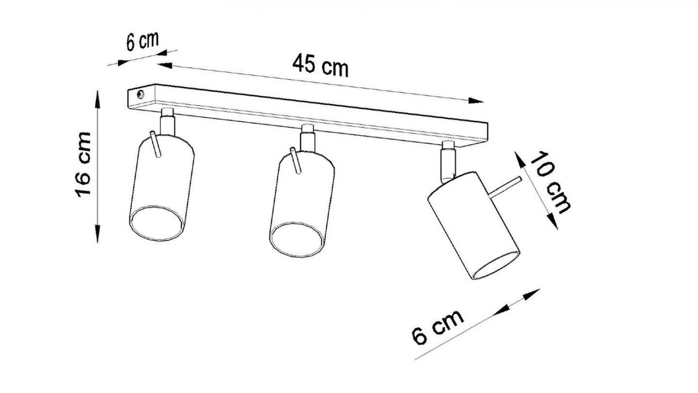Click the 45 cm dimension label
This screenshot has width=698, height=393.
(x=320, y=65)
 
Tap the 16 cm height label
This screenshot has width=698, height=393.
(x=83, y=165)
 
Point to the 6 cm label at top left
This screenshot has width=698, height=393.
(x=143, y=41)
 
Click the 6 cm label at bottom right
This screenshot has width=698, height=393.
(x=438, y=327)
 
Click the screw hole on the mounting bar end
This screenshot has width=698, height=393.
(x=140, y=94)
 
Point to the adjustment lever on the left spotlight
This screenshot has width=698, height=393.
(x=156, y=144)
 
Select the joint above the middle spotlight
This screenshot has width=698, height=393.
(x=308, y=138)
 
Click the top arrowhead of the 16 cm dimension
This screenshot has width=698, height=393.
(x=98, y=99)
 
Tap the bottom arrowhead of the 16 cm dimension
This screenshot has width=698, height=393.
(x=98, y=234)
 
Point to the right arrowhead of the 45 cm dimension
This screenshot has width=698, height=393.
(x=476, y=100)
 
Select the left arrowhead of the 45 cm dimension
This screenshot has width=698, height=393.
(x=165, y=65)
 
